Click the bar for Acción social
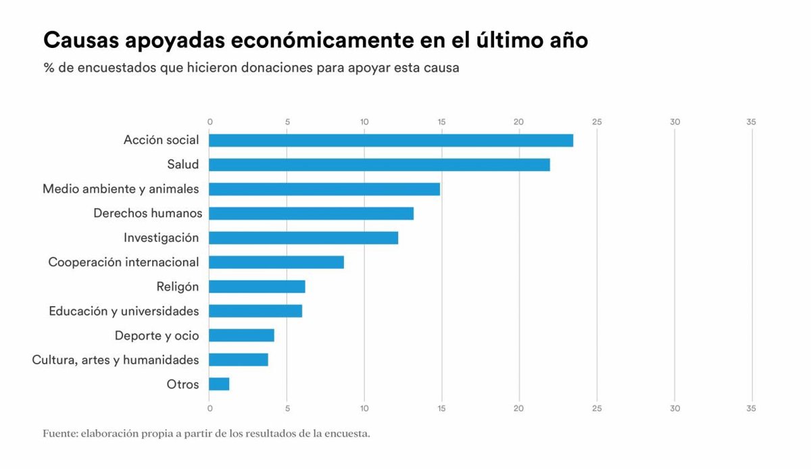[391, 141]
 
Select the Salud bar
[379, 165]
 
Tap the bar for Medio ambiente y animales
[324, 189]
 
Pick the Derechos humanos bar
[311, 214]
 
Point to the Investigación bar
[303, 238]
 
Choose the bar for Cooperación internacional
[276, 262]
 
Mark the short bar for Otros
[219, 384]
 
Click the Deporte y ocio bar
[241, 335]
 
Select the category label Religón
[177, 287]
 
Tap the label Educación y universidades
[124, 311]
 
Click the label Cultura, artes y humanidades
[116, 360]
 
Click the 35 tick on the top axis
[752, 122]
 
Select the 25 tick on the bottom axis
[596, 408]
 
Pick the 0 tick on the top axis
[210, 122]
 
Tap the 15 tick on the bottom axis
[441, 408]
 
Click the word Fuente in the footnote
[59, 433]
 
